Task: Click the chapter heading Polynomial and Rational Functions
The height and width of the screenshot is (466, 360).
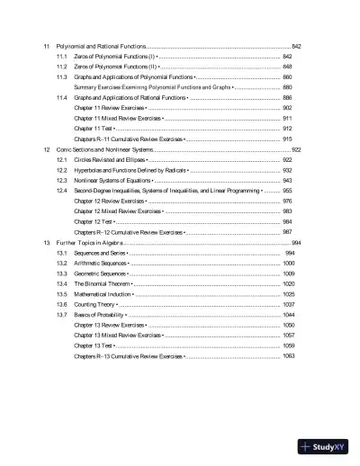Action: (100, 46)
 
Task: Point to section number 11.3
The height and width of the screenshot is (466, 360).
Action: (62, 77)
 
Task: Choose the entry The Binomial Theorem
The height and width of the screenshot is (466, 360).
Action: (103, 283)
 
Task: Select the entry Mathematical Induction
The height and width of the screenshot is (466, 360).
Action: (103, 294)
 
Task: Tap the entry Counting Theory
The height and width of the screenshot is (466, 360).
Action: (95, 305)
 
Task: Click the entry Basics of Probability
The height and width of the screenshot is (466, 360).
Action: (99, 315)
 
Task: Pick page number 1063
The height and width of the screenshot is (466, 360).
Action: (288, 356)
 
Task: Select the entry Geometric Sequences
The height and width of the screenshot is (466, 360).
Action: (101, 273)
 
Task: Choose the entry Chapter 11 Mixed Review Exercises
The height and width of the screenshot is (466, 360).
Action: (117, 119)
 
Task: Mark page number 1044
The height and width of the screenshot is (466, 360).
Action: (288, 315)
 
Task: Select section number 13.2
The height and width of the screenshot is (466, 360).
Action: (62, 263)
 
